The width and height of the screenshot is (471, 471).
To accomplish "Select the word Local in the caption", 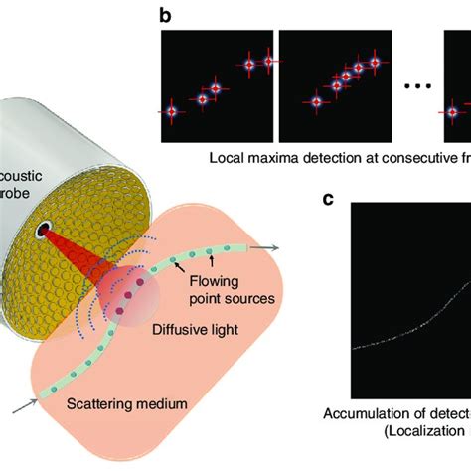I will tap(228, 157).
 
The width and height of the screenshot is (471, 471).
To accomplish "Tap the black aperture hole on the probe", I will tap(46, 232).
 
